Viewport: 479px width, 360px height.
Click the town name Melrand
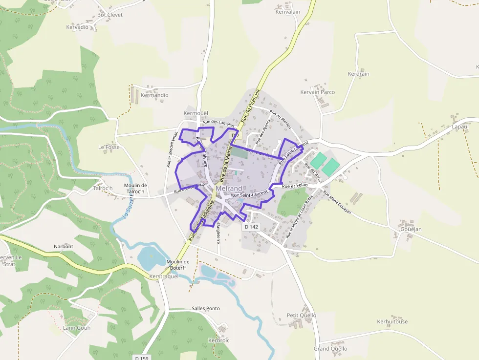coord(229,189)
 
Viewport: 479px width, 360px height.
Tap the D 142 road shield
coord(251,227)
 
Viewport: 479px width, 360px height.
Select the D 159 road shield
coord(141,358)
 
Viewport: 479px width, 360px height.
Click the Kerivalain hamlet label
coord(288,11)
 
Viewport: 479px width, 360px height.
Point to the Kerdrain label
coord(358,74)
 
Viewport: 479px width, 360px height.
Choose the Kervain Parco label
coord(318,92)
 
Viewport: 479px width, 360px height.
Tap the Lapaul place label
coord(460,127)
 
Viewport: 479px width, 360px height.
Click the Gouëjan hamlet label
coord(411,229)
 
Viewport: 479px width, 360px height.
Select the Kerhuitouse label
coord(392,322)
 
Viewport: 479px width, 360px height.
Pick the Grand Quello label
coord(330,349)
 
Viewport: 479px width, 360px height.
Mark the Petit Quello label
coord(302,316)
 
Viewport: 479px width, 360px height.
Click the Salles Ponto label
coord(206,309)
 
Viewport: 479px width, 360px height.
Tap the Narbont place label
coord(64,247)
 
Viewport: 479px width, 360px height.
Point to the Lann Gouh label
coord(77,328)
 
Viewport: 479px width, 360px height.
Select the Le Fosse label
coord(109,147)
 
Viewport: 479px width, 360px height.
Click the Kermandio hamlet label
coord(154,95)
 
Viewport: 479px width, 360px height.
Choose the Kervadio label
coord(77,27)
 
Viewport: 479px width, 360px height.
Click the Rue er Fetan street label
coord(295,185)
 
